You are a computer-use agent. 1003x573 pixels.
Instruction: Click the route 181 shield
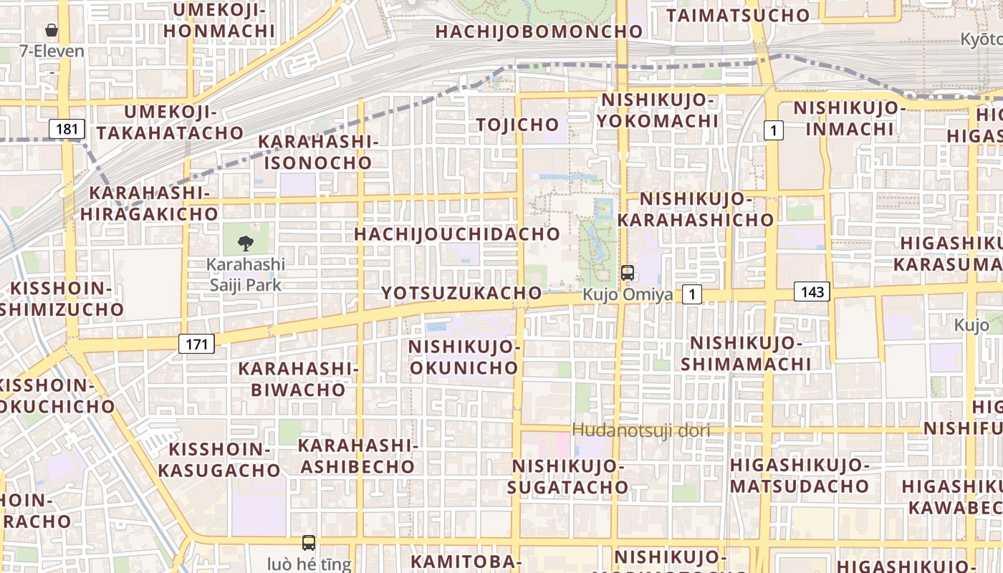(67, 129)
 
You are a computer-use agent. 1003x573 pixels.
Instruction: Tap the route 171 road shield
(196, 344)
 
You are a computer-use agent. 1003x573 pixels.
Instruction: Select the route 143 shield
(812, 292)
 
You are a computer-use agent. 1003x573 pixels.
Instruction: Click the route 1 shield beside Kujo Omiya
(691, 294)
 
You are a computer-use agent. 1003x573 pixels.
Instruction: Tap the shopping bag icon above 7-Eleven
(52, 30)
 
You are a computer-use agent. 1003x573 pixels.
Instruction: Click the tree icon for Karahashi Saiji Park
(246, 243)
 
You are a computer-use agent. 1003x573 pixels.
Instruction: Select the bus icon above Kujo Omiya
(628, 273)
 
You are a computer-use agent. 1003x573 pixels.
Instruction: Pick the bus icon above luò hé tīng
(309, 543)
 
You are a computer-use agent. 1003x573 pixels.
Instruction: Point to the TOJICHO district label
(518, 125)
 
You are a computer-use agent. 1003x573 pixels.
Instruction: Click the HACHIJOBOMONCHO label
(539, 32)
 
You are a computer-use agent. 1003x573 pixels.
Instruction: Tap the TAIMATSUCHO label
(738, 15)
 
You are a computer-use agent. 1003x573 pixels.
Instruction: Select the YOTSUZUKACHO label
(461, 293)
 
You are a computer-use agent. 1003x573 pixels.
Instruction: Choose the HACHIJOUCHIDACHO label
(457, 234)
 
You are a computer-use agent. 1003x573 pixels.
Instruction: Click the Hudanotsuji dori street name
(641, 430)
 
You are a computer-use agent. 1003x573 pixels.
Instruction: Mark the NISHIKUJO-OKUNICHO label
(464, 357)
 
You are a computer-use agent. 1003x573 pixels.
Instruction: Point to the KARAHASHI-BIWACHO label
(299, 379)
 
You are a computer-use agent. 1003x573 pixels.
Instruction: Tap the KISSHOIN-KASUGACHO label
(219, 460)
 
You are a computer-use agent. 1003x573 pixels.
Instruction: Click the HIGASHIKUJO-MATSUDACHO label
(800, 476)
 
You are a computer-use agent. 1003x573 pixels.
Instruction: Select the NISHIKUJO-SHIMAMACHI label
(746, 353)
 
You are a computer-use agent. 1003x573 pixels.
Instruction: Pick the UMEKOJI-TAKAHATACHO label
(171, 122)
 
